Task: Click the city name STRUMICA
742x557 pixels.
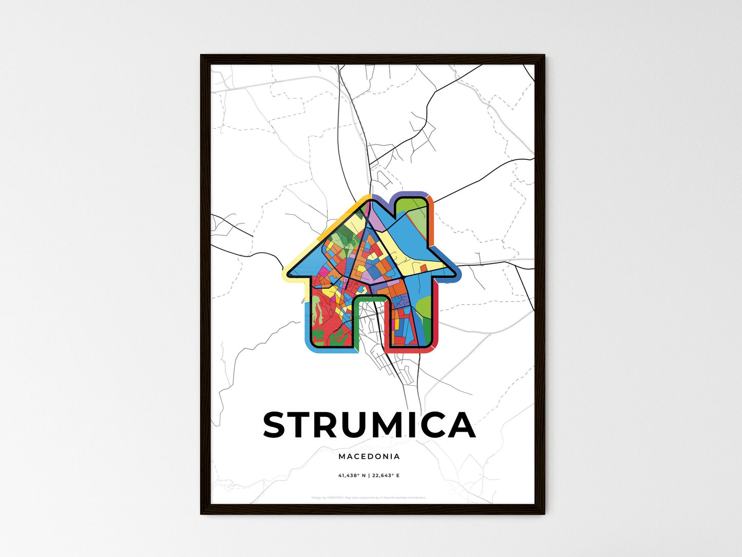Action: [369, 425]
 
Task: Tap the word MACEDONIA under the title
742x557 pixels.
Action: [369, 456]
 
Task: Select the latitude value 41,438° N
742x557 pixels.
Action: [352, 476]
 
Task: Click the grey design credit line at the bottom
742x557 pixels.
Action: [369, 497]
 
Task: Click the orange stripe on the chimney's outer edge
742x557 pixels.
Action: [431, 221]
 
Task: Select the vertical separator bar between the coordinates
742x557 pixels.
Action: [369, 476]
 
